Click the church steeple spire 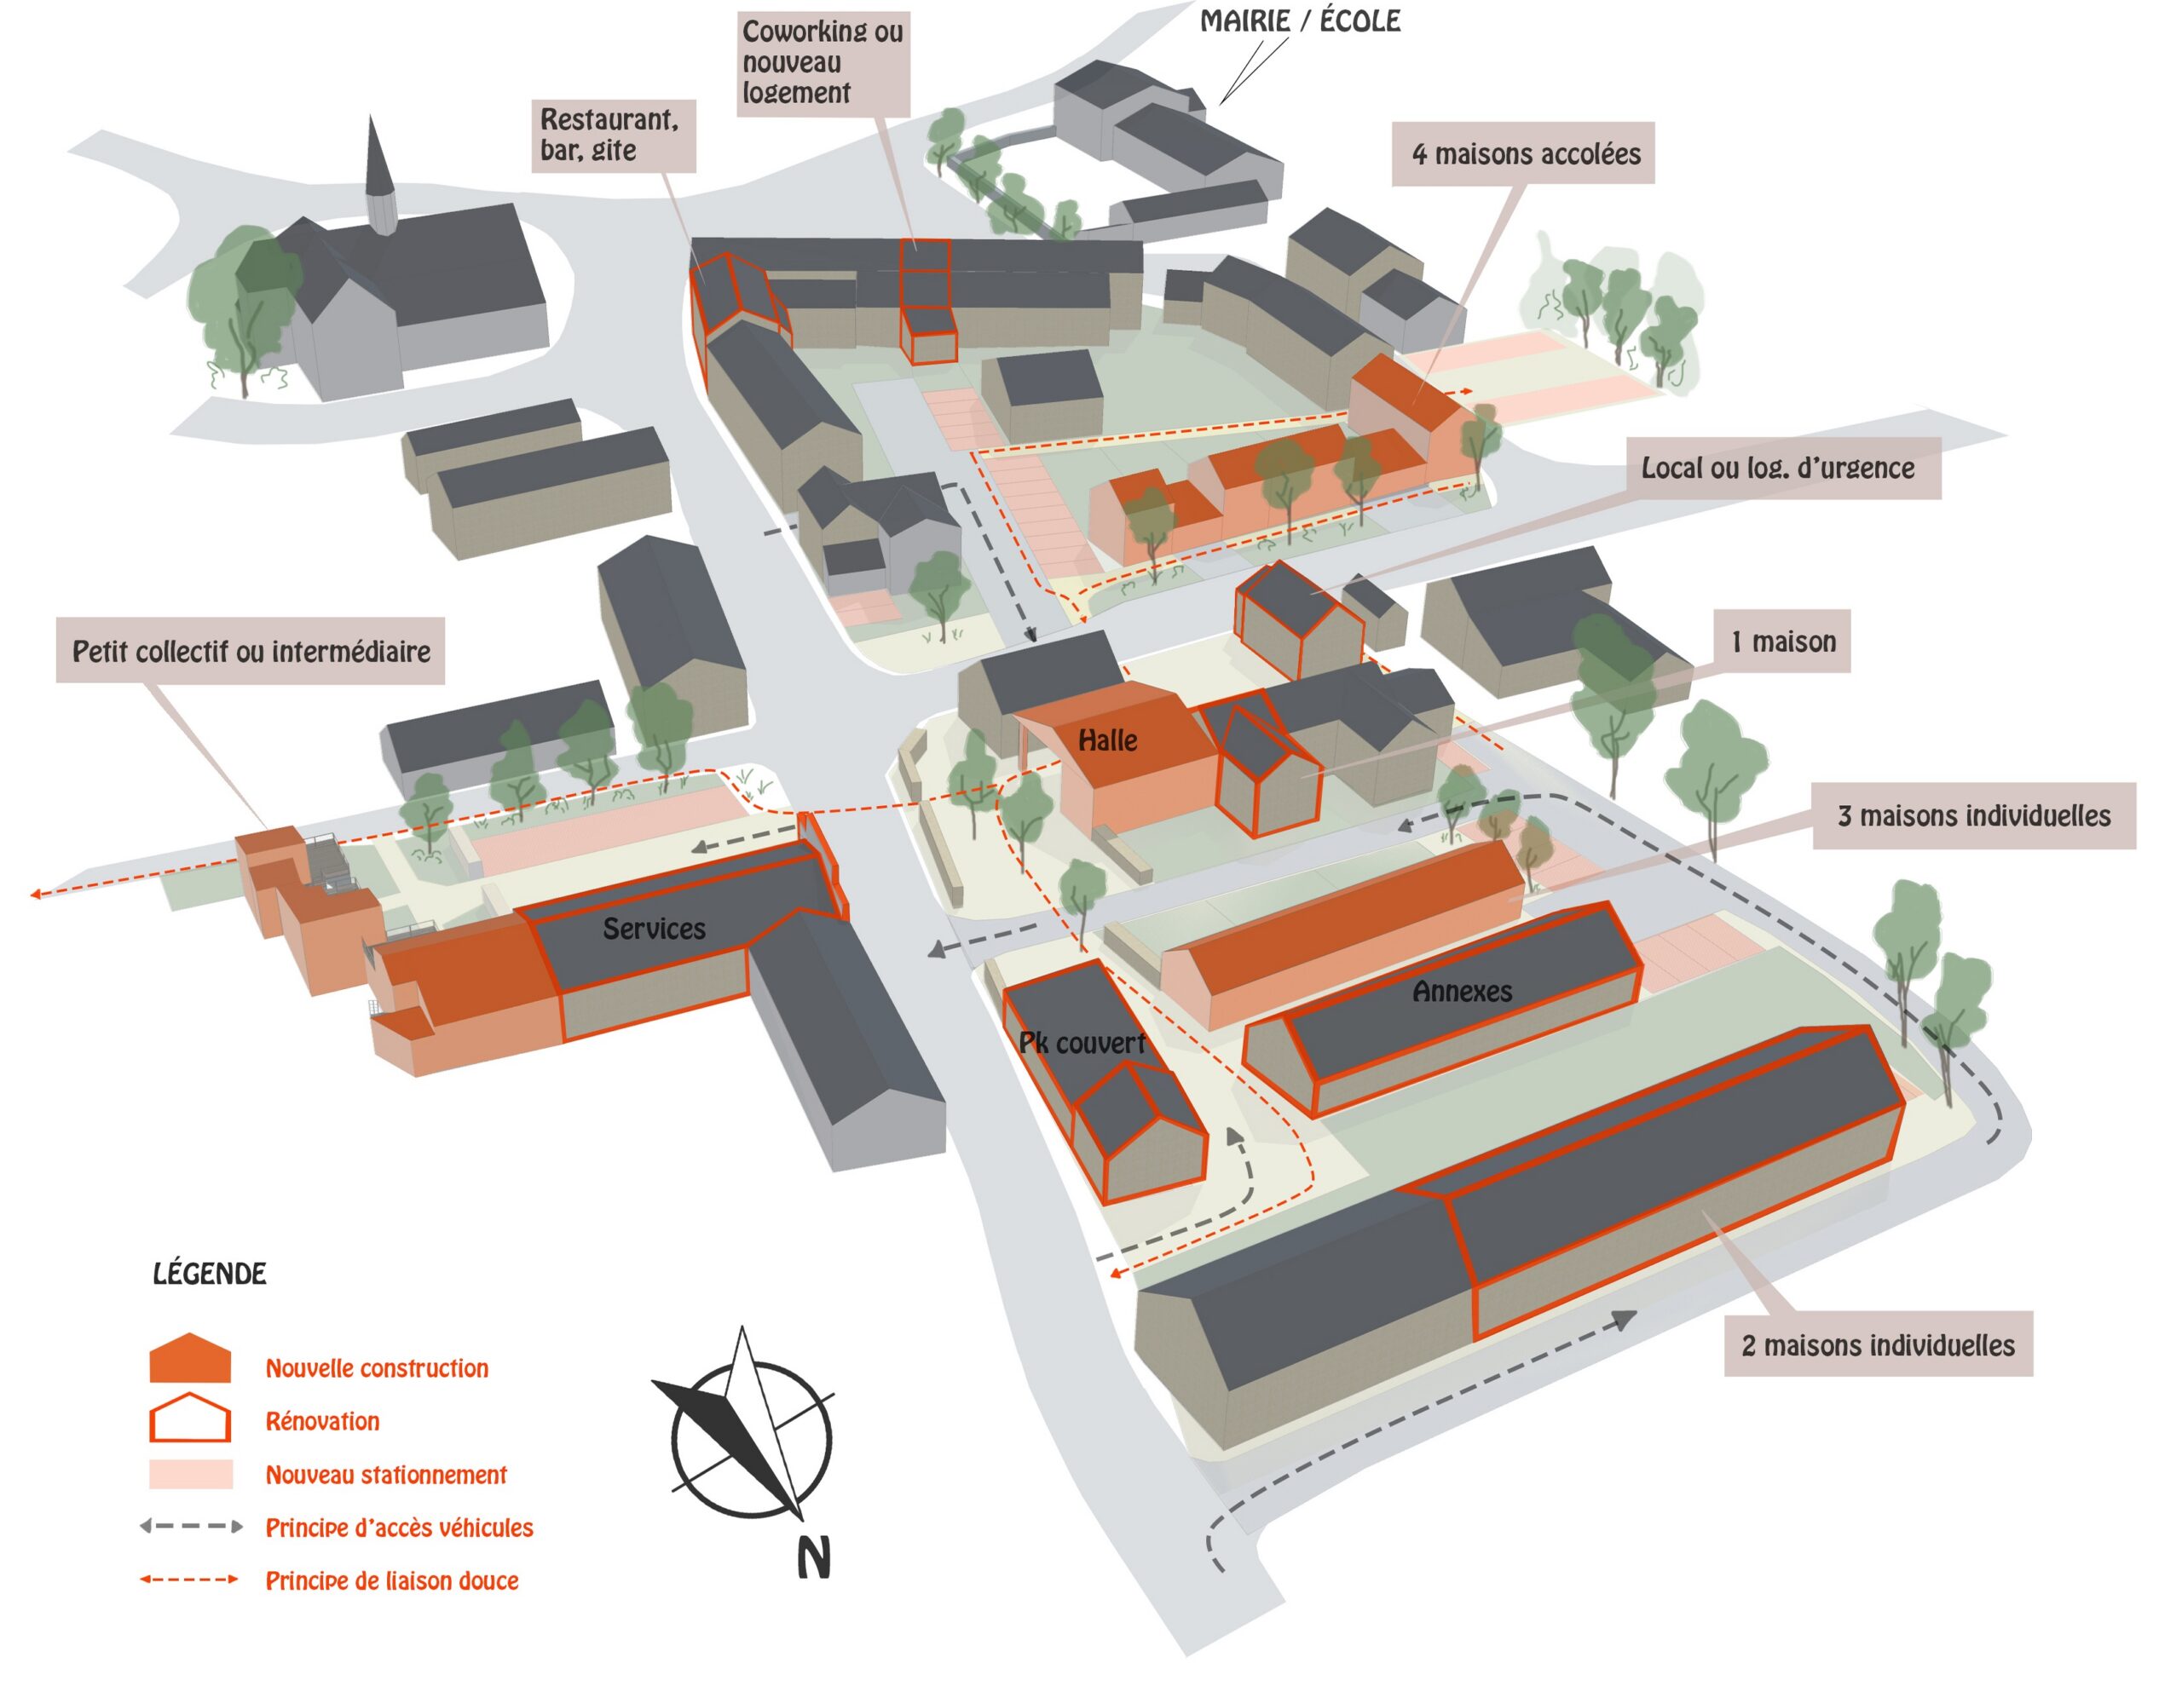coord(377,160)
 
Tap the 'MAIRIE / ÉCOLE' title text coord(1299,21)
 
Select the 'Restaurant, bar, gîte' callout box coord(613,135)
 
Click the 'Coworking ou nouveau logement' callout coord(823,63)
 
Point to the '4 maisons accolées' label coord(1525,154)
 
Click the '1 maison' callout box coord(1782,642)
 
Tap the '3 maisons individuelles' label coord(1973,816)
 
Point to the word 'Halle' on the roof coord(1107,740)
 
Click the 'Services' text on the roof coord(654,929)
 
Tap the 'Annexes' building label coord(1462,992)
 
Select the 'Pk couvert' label coord(1081,1043)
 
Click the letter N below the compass coord(813,1557)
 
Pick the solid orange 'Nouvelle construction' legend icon coord(190,1360)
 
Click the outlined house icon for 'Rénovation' coord(190,1419)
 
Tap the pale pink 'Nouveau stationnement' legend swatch coord(191,1474)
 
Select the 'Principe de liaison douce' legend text coord(391,1581)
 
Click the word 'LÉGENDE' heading coord(210,1275)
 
